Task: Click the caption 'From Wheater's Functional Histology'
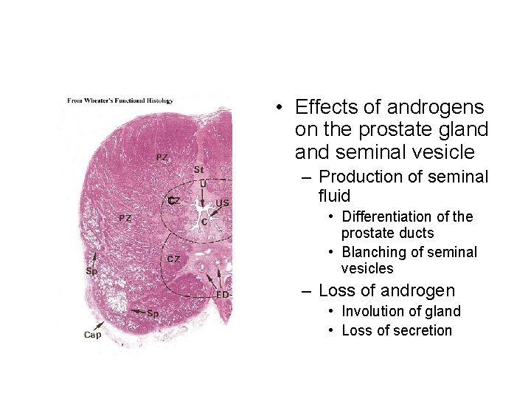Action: pyautogui.click(x=119, y=100)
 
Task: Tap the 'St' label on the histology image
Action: pyautogui.click(x=198, y=170)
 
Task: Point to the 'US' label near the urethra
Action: pyautogui.click(x=222, y=202)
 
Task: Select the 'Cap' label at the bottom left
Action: pyautogui.click(x=92, y=335)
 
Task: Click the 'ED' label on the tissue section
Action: pyautogui.click(x=222, y=295)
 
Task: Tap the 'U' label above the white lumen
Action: pyautogui.click(x=203, y=183)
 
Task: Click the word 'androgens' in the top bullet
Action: pyautogui.click(x=438, y=108)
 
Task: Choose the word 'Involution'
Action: pyautogui.click(x=373, y=311)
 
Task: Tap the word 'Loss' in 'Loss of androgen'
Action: pyautogui.click(x=336, y=290)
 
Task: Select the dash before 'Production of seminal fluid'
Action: pyautogui.click(x=306, y=177)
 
